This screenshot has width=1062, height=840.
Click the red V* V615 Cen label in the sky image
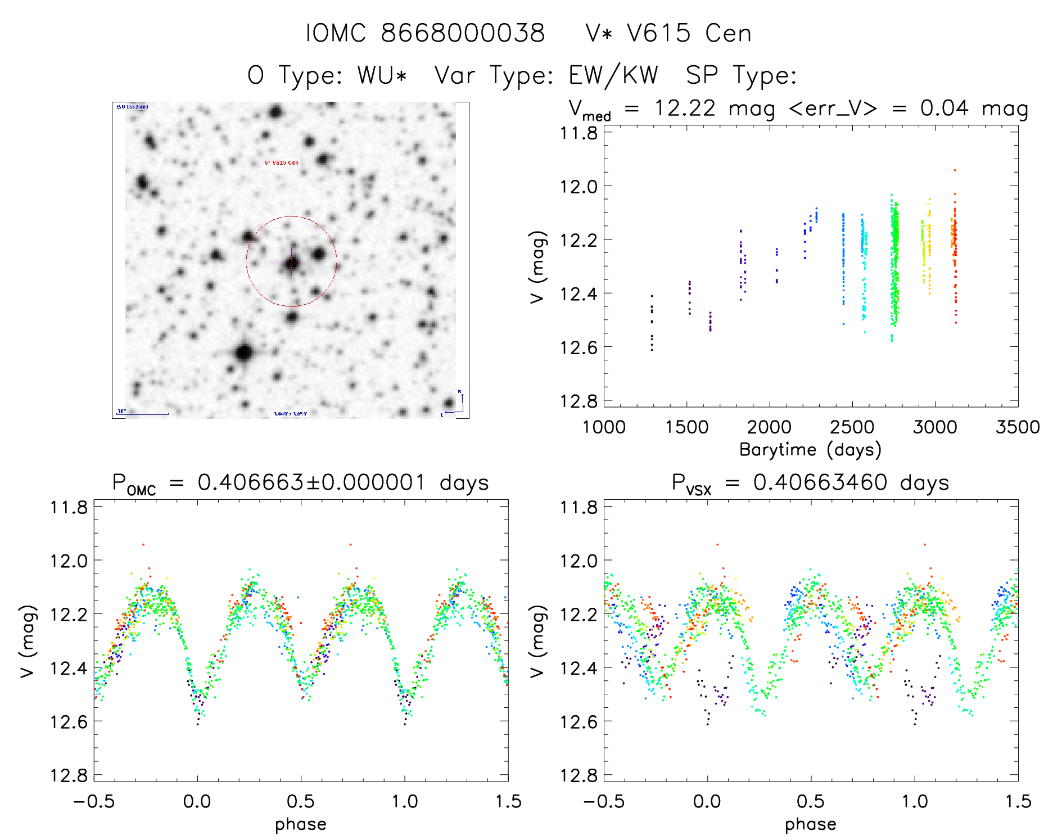282,162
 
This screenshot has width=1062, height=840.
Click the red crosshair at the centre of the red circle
291,262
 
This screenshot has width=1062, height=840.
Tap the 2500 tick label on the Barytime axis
852,427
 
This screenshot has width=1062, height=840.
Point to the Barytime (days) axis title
810,450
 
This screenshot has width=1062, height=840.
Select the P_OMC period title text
300,483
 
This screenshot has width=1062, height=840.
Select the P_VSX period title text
810,483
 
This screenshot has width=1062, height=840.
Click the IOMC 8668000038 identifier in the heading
426,33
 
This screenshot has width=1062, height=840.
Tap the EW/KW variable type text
613,75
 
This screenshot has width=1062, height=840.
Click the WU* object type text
382,75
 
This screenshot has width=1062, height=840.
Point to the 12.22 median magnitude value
684,108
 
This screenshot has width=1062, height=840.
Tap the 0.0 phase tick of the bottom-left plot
197,802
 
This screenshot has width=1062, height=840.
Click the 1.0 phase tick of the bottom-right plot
915,802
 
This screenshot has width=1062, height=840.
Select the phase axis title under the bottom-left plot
300,824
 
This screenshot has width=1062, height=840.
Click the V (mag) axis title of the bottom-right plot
537,642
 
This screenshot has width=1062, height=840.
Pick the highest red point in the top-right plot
955,170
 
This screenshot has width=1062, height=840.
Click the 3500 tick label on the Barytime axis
1017,427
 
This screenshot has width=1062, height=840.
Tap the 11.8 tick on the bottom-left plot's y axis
69,507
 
